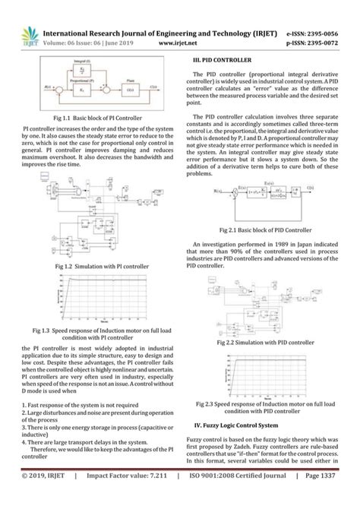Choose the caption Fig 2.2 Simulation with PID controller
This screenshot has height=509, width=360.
[x=265, y=343]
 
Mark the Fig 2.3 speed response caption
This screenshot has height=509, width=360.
[x=265, y=408]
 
